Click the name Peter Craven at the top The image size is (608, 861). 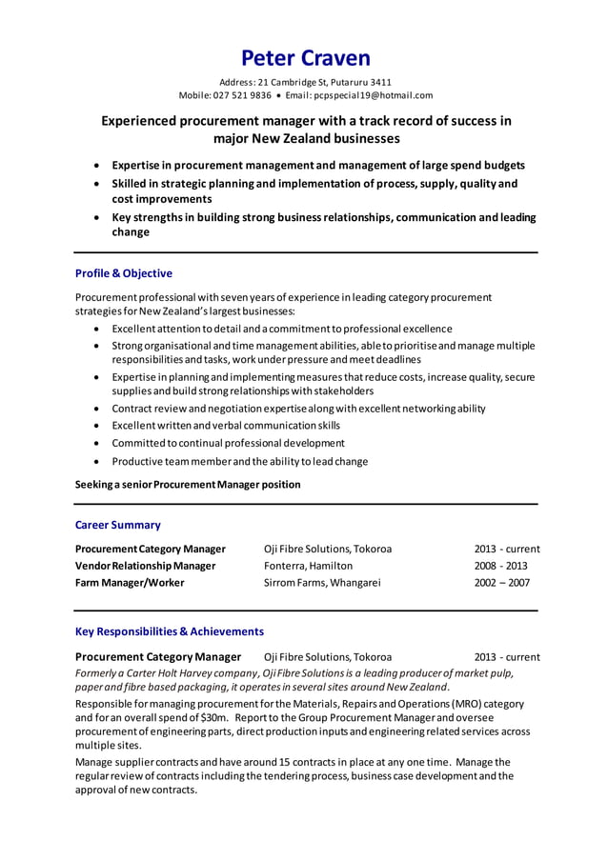tap(305, 58)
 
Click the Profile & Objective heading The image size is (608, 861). tap(124, 273)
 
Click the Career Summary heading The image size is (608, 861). tap(118, 525)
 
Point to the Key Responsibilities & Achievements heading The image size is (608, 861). tap(170, 631)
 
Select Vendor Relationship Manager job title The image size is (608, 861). tap(146, 566)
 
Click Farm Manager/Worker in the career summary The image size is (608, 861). tap(130, 583)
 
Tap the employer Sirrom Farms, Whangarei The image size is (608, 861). tap(322, 583)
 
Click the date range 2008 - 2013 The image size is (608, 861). tap(500, 566)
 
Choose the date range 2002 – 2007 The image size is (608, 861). tap(501, 583)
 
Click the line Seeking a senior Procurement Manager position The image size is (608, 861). tap(188, 485)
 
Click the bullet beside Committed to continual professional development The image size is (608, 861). tap(98, 444)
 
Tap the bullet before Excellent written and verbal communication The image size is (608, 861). tap(98, 426)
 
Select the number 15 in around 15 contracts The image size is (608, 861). tap(285, 762)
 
